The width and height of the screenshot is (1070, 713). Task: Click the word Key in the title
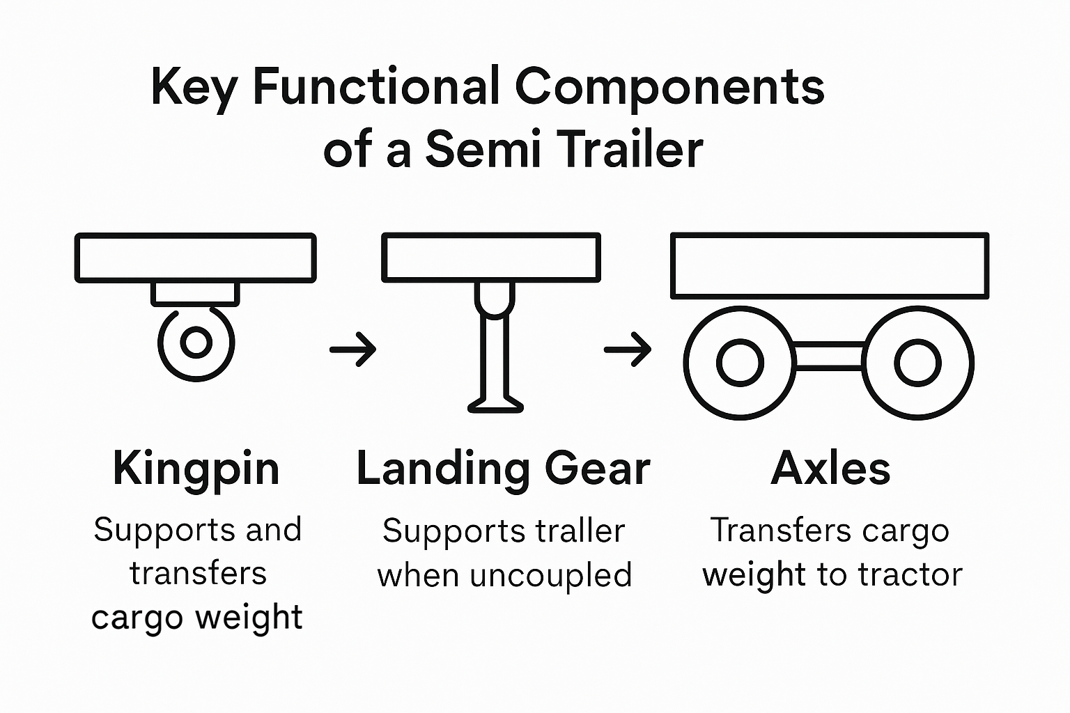click(x=194, y=88)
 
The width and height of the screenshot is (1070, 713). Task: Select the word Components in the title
click(x=669, y=88)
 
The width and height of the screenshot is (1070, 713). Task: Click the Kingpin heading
click(x=196, y=469)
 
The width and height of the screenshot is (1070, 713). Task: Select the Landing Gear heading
click(x=503, y=469)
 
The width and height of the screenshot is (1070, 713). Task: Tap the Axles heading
click(x=830, y=468)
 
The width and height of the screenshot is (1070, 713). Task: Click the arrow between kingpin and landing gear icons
click(x=353, y=348)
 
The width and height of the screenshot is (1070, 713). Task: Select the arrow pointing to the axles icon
click(x=627, y=348)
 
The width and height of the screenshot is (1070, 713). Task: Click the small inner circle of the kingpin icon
click(x=196, y=343)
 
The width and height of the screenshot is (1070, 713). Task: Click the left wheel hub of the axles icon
click(x=740, y=363)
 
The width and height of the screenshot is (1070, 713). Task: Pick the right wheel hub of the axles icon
click(x=917, y=363)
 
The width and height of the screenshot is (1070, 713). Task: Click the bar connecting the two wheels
click(x=829, y=356)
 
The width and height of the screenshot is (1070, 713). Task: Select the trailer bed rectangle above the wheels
click(x=829, y=266)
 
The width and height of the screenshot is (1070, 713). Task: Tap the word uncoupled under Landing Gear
click(x=550, y=576)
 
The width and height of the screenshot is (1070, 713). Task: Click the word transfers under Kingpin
click(x=198, y=574)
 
